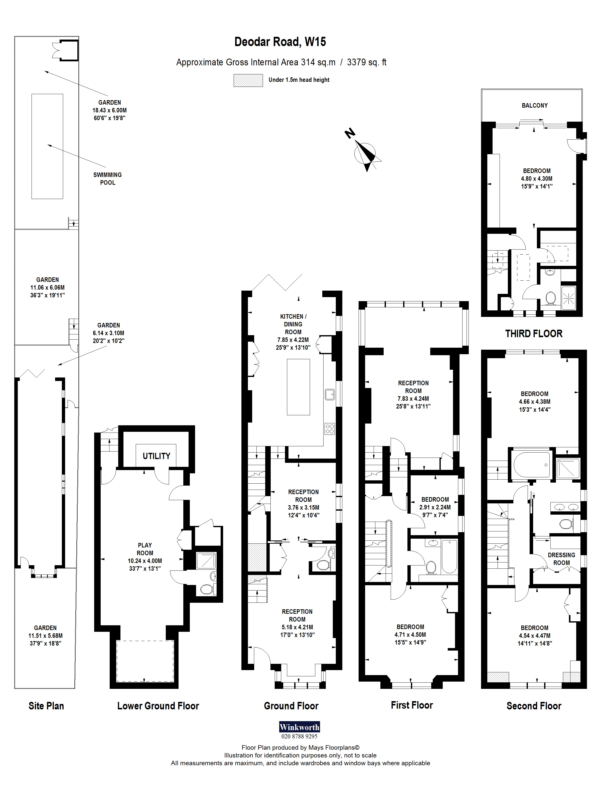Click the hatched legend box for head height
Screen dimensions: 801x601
pyautogui.click(x=248, y=80)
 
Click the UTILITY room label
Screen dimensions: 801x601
pyautogui.click(x=156, y=456)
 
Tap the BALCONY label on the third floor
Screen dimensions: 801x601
pyautogui.click(x=534, y=105)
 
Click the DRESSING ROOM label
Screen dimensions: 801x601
pyautogui.click(x=561, y=559)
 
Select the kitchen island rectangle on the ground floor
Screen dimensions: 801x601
pyautogui.click(x=298, y=387)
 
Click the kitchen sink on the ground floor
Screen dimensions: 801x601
pyautogui.click(x=329, y=394)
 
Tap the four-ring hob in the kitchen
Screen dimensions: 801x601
pyautogui.click(x=330, y=429)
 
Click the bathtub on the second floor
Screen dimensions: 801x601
pyautogui.click(x=531, y=465)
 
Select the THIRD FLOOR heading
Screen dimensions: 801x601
pyautogui.click(x=534, y=333)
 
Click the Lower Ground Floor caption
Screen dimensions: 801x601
pyautogui.click(x=158, y=706)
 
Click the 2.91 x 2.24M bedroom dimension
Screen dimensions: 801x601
pyautogui.click(x=435, y=507)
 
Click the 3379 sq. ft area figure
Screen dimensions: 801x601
pyautogui.click(x=366, y=62)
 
